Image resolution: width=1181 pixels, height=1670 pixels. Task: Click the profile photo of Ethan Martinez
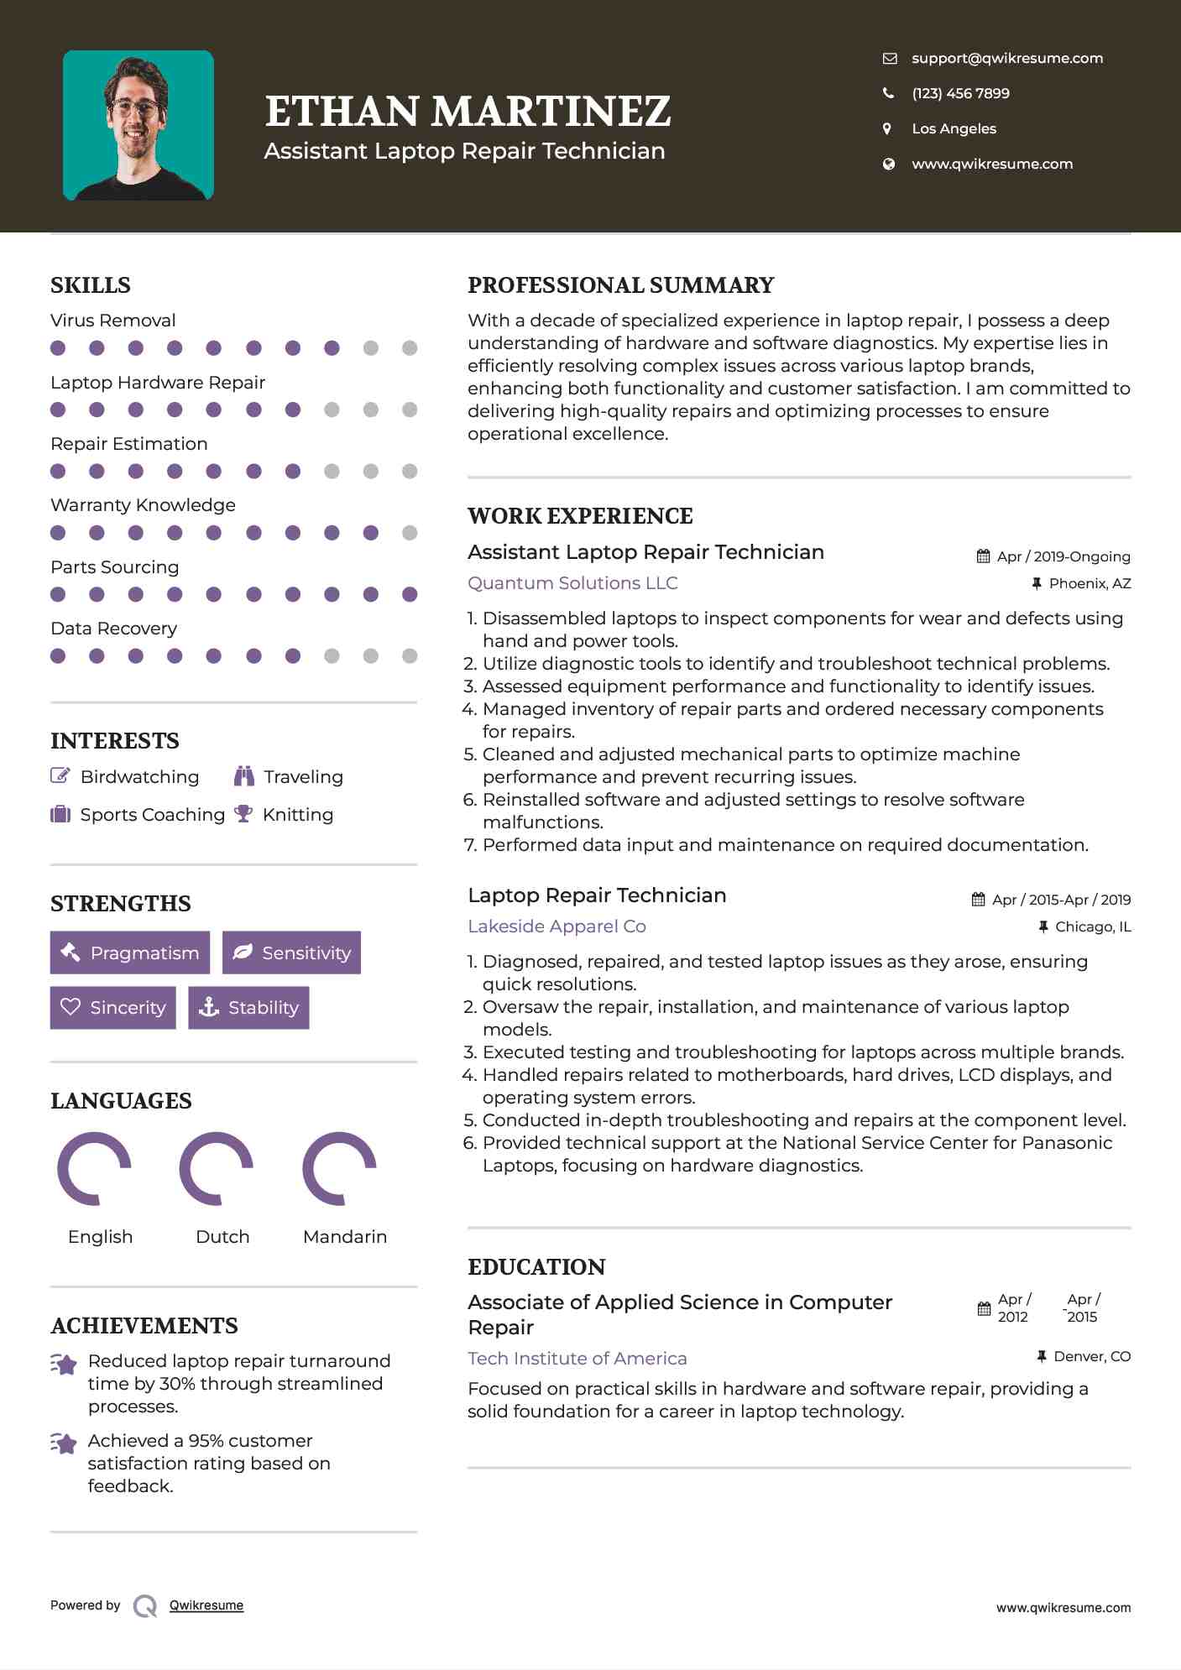coord(138,126)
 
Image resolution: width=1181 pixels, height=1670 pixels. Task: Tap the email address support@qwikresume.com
coord(1006,58)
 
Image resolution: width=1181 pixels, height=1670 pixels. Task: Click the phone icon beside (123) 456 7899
coord(888,93)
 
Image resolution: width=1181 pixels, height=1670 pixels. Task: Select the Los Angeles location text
coord(954,128)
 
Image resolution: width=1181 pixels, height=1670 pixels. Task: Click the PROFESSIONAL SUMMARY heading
coord(620,285)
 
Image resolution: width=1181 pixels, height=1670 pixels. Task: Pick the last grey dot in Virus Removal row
coord(410,348)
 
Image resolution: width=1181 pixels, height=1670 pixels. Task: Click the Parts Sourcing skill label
coord(114,567)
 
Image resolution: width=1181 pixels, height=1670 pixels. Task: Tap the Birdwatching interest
coord(139,777)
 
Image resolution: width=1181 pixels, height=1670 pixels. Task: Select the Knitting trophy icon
coord(243,814)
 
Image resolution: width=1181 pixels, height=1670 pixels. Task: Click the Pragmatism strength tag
coord(130,952)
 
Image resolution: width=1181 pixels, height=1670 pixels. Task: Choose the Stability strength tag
coord(248,1008)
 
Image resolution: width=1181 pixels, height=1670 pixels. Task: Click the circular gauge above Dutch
coord(217,1168)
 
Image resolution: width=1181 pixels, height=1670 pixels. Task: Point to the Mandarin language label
coord(344,1237)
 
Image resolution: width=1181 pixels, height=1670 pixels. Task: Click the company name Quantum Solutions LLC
coord(572,583)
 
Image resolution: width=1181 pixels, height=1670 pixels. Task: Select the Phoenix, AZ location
coord(1089,583)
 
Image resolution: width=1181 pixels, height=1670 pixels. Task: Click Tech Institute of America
coord(577,1359)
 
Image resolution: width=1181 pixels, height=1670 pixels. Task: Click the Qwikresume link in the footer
coord(206,1605)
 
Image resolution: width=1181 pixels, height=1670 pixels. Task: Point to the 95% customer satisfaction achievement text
coord(209,1464)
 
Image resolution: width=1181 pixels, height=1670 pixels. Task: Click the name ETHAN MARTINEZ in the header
coord(468,112)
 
